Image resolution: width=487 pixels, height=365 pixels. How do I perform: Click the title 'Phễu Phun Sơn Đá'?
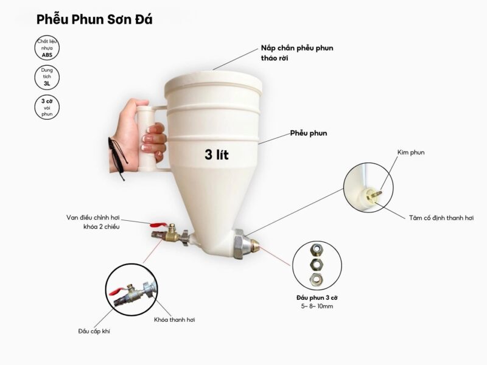(94, 19)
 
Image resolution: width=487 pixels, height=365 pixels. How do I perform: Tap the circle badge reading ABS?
(47, 48)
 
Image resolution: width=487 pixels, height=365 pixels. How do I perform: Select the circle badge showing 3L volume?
(47, 77)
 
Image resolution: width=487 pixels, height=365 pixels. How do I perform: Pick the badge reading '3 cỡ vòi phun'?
(47, 107)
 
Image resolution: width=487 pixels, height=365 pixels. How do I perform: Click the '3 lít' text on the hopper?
(217, 155)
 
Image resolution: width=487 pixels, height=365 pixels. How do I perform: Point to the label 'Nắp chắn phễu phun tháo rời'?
(297, 53)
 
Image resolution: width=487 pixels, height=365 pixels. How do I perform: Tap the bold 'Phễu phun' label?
(309, 133)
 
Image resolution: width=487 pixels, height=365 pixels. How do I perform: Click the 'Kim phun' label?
(411, 153)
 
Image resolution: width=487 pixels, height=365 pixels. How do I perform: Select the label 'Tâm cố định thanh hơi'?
(441, 218)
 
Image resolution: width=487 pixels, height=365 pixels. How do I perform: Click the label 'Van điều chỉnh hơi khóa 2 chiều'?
(93, 222)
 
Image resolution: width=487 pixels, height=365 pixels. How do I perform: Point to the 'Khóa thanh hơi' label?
(175, 320)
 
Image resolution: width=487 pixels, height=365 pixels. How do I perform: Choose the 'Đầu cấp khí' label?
(94, 332)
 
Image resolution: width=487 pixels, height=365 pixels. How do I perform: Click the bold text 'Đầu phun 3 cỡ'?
(317, 298)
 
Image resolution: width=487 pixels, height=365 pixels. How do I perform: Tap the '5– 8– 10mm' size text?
(317, 307)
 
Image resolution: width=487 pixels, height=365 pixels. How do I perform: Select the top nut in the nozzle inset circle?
(317, 248)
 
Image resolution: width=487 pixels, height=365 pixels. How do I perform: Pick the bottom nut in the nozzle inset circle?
(316, 279)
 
